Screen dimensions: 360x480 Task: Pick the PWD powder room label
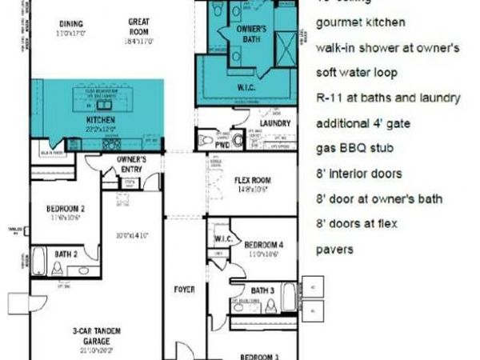234,145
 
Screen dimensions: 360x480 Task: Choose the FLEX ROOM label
254,181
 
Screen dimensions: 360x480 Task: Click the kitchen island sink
103,104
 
